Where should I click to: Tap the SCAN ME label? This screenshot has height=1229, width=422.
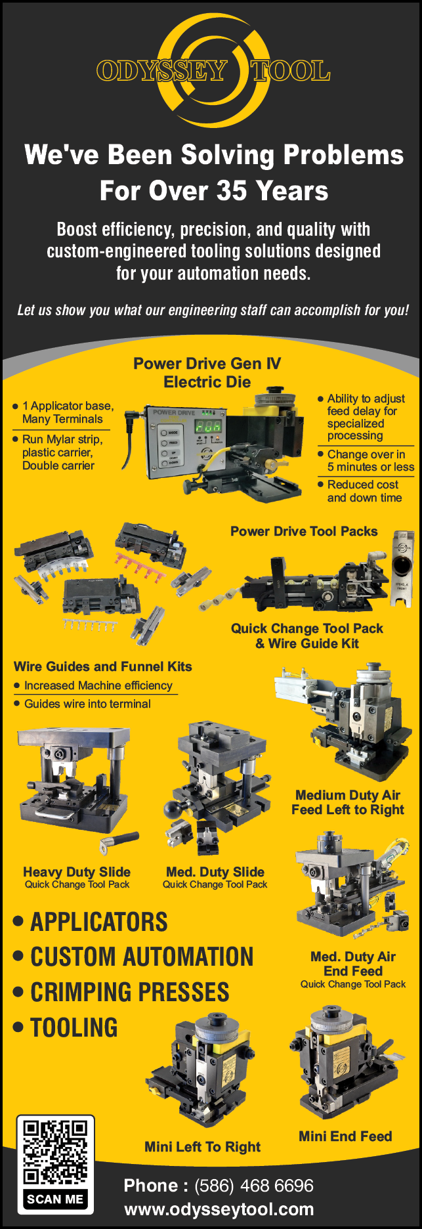tap(55, 1199)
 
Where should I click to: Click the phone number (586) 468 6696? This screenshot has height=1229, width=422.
tap(254, 1186)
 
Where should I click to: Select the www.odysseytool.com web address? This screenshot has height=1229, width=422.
tap(219, 1209)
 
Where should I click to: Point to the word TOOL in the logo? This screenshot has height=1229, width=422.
tap(290, 70)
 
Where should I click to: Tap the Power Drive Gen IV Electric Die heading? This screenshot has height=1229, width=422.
tap(207, 373)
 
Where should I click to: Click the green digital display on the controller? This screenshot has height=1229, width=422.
tap(208, 426)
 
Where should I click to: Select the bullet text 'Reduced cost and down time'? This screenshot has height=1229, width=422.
tap(364, 491)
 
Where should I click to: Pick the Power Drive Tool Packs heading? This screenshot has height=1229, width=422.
tap(304, 531)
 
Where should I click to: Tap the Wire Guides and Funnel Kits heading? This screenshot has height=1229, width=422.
tap(103, 666)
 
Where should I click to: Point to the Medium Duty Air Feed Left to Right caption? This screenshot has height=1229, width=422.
tap(348, 802)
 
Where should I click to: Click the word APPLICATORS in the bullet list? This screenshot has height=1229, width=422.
tap(99, 922)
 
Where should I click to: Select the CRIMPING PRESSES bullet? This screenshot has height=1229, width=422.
tap(122, 992)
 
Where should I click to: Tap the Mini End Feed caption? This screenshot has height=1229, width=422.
tap(345, 1136)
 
